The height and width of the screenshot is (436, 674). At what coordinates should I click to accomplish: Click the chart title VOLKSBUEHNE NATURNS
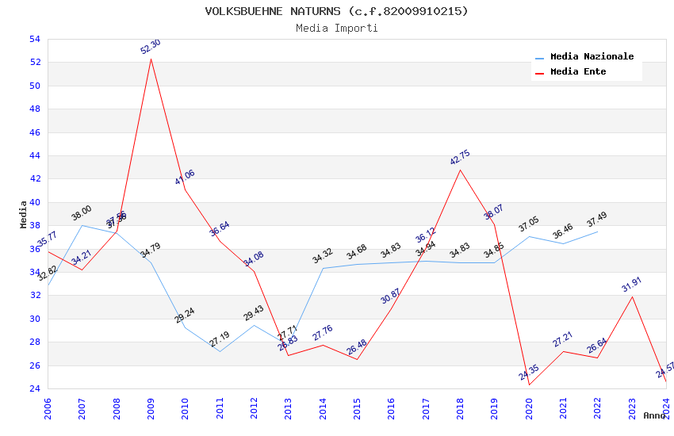click(336, 11)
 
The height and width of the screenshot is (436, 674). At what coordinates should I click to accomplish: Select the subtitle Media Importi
click(336, 28)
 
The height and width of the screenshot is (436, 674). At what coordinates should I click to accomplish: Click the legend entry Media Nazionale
click(592, 57)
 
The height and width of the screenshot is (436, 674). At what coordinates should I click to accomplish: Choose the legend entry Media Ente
click(578, 72)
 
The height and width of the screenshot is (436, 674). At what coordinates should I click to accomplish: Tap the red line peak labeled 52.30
click(151, 59)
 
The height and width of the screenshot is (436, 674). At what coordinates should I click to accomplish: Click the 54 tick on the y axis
click(34, 39)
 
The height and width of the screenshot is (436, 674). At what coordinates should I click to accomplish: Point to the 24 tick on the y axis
click(34, 388)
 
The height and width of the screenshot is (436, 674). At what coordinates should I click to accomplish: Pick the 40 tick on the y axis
click(34, 202)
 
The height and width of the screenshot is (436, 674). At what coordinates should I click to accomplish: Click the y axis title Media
click(24, 214)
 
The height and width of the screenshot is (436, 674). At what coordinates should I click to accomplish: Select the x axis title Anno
click(654, 415)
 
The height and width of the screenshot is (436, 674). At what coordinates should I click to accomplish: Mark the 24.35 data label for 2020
click(529, 372)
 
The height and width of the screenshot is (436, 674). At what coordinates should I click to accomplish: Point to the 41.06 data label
click(185, 177)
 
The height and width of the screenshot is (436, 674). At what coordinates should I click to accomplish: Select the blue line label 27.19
click(220, 338)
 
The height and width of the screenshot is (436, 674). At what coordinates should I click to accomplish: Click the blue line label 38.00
click(82, 212)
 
